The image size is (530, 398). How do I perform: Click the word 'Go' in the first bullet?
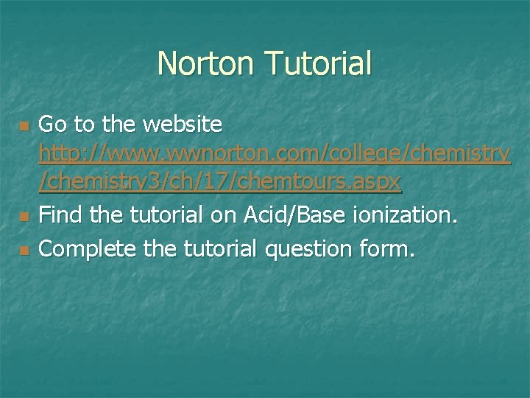(x=52, y=124)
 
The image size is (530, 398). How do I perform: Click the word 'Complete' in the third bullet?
(x=85, y=248)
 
